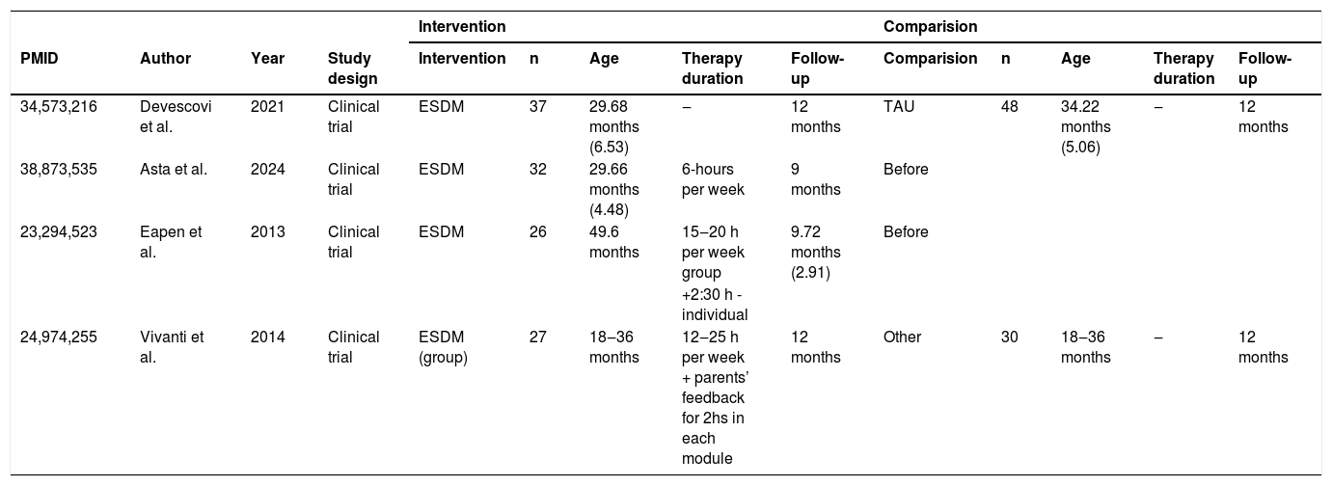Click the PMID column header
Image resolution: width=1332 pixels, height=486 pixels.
40,58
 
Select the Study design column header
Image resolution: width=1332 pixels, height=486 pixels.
353,68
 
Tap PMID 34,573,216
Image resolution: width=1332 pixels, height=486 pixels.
58,106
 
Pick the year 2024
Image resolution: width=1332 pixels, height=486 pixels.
267,169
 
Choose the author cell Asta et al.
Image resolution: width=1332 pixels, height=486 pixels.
174,169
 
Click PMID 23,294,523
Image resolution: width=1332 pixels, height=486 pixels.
58,231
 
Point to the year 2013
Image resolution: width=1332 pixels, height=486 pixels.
267,231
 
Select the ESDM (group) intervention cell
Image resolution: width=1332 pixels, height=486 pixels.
443,347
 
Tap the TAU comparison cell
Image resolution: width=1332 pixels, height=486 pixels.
899,106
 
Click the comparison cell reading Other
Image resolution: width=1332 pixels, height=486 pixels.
902,337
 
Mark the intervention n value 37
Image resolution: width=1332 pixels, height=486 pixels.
537,106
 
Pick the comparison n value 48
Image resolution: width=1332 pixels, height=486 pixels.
1010,106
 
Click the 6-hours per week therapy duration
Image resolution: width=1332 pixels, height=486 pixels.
713,179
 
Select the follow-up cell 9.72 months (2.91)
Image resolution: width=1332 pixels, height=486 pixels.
816,252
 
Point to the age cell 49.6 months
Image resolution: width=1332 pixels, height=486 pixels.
614,241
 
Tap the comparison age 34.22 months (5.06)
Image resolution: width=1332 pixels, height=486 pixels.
1086,126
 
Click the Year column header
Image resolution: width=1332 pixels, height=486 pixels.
267,58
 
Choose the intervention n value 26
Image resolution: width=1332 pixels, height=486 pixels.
537,231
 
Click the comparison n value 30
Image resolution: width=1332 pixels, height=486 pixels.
1010,337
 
